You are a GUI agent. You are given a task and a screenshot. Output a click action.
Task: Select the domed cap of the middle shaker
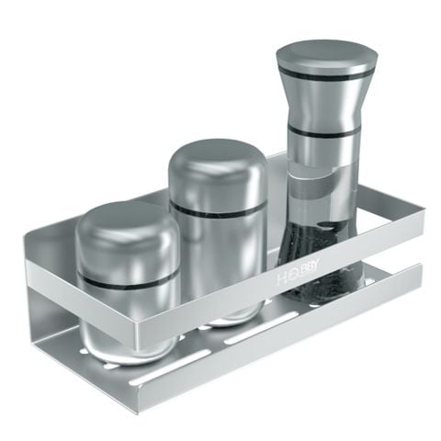[x=217, y=165]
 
